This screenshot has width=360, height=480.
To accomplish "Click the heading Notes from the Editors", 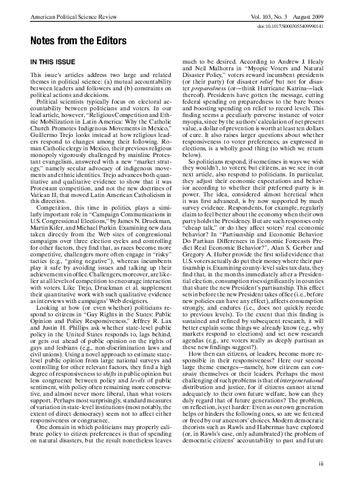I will tap(70, 41).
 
